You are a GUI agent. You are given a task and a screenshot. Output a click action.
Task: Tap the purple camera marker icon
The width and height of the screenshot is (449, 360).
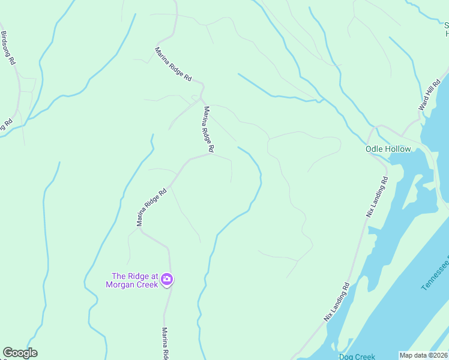167,279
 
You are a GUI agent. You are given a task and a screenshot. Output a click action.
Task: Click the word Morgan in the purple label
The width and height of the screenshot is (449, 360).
119,284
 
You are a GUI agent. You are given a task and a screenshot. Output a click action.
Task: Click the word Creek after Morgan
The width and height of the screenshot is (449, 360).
146,284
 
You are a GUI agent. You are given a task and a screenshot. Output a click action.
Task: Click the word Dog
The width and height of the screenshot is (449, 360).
346,356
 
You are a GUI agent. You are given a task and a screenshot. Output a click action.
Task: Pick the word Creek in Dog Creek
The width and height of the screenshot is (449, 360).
365,356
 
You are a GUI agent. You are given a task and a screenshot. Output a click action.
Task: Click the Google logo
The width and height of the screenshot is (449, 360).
20,353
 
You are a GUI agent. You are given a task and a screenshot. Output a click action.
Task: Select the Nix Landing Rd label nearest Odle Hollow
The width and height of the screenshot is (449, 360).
376,196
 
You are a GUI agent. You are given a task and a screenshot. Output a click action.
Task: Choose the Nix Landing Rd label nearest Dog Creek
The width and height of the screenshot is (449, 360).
337,302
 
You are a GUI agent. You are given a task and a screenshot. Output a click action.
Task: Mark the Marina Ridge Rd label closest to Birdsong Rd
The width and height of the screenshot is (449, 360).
173,65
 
